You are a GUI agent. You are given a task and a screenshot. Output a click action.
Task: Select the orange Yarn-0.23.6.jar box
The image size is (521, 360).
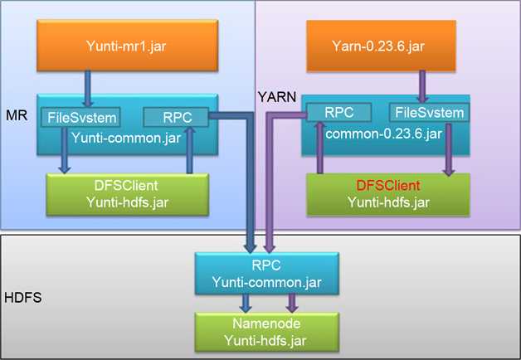pyautogui.click(x=387, y=45)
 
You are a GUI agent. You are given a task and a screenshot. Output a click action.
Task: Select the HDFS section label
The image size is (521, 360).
pyautogui.click(x=22, y=296)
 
